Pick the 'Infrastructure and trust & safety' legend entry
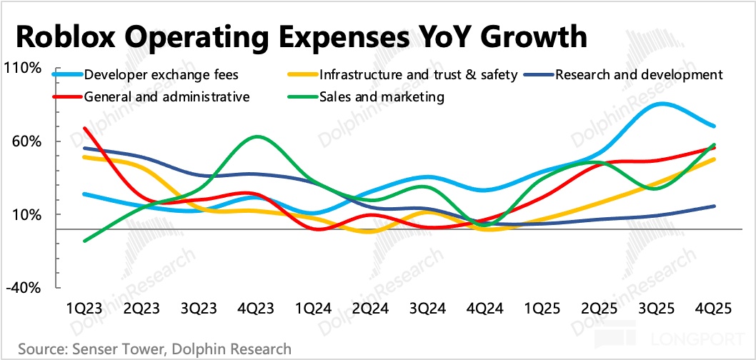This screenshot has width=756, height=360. [418, 74]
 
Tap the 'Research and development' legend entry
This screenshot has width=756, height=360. [639, 74]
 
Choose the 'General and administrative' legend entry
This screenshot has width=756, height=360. [166, 96]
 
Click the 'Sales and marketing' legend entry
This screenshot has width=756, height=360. [382, 96]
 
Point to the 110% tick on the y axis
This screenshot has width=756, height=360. [26, 68]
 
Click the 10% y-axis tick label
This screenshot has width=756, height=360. [29, 215]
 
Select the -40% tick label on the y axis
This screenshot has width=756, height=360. [26, 288]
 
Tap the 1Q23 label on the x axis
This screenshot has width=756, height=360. [84, 309]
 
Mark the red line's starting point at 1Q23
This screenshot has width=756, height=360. [85, 129]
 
